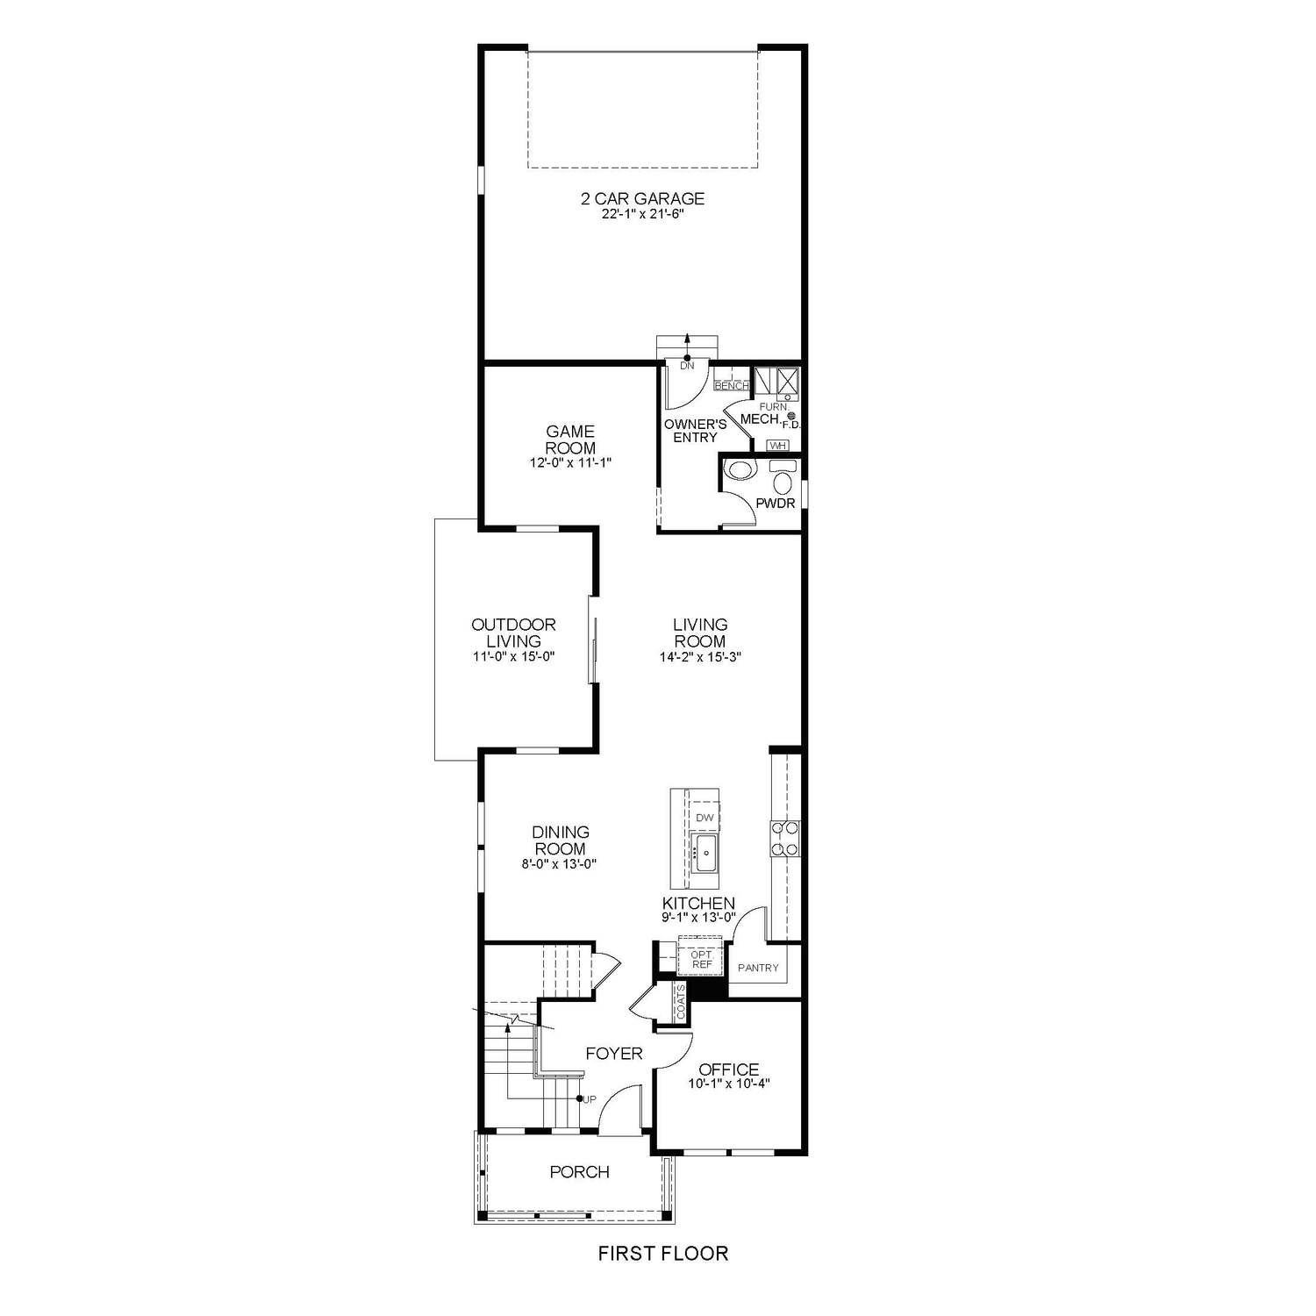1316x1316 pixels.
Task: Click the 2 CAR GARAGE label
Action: pos(642,198)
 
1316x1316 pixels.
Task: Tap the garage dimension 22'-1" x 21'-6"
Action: pos(642,215)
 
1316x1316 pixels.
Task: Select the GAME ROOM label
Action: pos(570,439)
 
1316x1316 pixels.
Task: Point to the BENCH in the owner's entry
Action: pos(731,385)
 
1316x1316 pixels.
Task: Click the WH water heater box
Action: pos(776,446)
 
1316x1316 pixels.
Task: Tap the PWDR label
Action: pos(775,504)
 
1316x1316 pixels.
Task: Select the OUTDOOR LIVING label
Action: pos(513,633)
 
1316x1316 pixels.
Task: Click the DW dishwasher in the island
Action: pos(704,818)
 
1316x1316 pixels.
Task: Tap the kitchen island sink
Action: pos(704,851)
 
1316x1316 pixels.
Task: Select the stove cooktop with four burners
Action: pos(783,838)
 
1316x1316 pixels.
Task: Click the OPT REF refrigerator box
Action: pos(701,958)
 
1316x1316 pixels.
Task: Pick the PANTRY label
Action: pos(758,968)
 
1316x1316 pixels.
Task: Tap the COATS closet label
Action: pos(681,1001)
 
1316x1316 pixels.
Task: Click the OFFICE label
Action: pos(728,1069)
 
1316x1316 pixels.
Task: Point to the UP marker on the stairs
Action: pos(590,1098)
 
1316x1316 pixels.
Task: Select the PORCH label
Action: pos(579,1171)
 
